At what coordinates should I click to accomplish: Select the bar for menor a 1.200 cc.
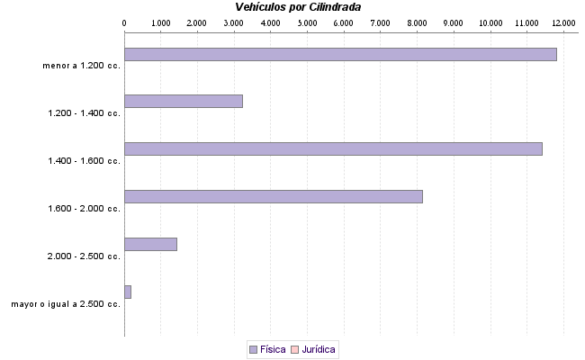coord(340,54)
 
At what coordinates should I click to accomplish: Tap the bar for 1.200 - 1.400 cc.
coord(184,101)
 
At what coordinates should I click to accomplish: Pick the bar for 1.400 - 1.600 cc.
coord(333,148)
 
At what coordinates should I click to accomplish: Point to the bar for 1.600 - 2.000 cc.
coord(273,196)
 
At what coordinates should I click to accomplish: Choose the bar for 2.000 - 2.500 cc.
coord(150,244)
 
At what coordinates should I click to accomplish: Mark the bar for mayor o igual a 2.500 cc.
coord(128,292)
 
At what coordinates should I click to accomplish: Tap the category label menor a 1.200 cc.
coord(81,66)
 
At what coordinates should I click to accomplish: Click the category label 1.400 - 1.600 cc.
coord(85,161)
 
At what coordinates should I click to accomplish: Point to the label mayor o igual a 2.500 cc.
coord(66,304)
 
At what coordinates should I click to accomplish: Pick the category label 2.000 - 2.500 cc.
coord(85,256)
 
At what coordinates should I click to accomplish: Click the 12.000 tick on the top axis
coord(564,22)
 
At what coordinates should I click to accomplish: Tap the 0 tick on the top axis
coord(124,22)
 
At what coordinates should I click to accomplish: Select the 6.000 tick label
coord(344,22)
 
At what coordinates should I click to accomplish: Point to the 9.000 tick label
coord(454,22)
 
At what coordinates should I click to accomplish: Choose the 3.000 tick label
coord(234,22)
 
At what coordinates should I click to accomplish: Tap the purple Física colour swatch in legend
coord(253,349)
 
